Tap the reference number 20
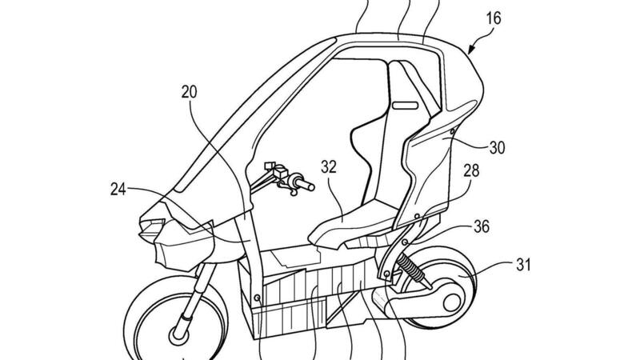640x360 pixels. (x=188, y=93)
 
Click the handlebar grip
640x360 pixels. (x=300, y=186)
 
